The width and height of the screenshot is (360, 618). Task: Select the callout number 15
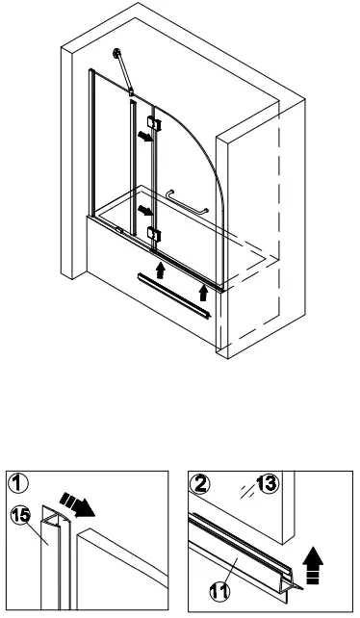pyautogui.click(x=19, y=516)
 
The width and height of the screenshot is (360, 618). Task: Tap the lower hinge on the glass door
pyautogui.click(x=153, y=233)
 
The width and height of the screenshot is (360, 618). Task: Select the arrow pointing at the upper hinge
pyautogui.click(x=142, y=138)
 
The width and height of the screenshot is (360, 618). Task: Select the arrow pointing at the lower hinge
pyautogui.click(x=142, y=209)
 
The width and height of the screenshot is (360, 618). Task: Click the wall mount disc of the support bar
pyautogui.click(x=116, y=54)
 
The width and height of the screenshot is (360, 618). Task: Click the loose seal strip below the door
pyautogui.click(x=173, y=295)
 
